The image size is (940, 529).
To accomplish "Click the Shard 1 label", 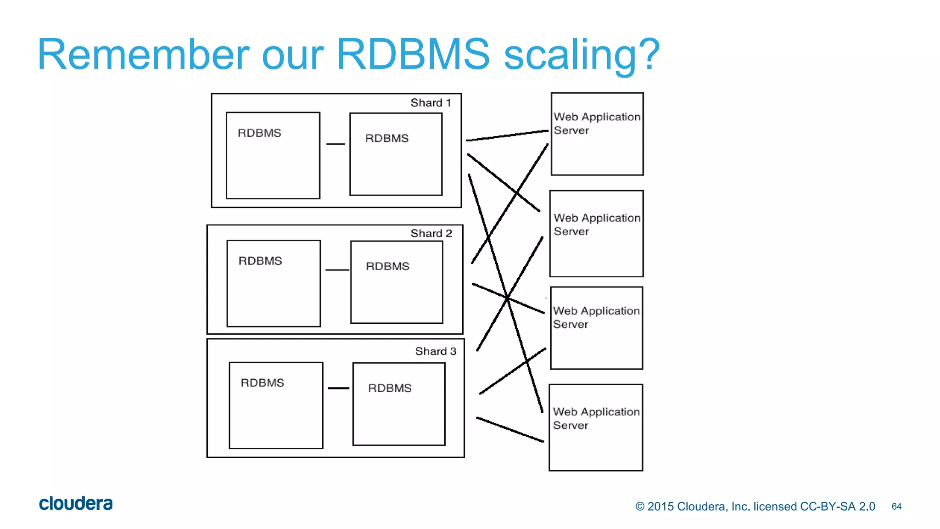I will point(431,103).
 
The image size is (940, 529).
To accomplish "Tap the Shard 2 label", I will point(431,233).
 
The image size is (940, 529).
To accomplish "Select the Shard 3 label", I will point(436,351).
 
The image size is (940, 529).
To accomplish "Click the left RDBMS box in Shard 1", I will point(273,155).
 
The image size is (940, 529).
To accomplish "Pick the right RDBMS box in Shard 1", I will point(396,154).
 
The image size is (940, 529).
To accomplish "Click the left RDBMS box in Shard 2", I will point(274,283).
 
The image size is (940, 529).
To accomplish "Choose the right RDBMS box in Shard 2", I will point(397,282).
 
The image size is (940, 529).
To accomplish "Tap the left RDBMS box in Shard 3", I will point(276,405).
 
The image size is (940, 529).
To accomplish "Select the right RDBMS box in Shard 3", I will point(399,404).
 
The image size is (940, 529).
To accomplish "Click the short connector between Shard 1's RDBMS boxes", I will point(336,144).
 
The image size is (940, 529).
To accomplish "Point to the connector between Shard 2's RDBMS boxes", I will point(337,270).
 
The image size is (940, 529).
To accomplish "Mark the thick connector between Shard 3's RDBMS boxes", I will point(338,388).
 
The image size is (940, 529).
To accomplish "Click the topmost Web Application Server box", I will point(597,134).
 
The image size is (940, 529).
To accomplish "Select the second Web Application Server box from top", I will point(596,234).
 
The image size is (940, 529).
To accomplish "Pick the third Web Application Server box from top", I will point(596,328).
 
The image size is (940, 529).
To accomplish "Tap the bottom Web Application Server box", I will point(596,428).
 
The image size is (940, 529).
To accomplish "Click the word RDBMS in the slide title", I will point(413,54).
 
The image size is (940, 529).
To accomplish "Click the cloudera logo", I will point(76,503).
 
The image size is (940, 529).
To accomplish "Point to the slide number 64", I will point(896,506).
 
